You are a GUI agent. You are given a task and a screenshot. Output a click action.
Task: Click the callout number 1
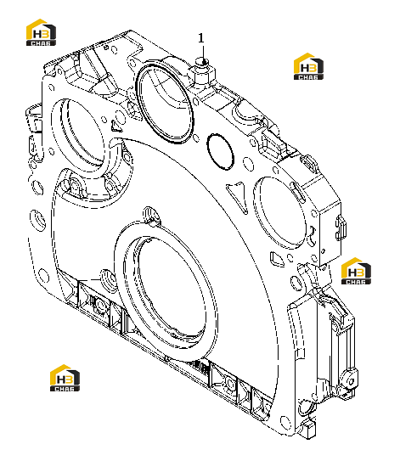point(201,38)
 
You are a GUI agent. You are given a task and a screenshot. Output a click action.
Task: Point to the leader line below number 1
point(203,53)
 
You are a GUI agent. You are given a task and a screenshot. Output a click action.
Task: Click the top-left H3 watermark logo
point(41,32)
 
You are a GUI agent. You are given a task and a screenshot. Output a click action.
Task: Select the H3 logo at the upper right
point(308,66)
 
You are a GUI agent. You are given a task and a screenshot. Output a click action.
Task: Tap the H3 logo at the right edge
point(356,271)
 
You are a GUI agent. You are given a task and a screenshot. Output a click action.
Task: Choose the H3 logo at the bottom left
point(65,378)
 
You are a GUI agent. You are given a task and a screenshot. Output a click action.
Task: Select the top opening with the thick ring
point(165,103)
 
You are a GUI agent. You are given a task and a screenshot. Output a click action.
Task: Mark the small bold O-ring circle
point(220,152)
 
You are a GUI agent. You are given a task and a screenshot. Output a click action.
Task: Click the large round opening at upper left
point(79,134)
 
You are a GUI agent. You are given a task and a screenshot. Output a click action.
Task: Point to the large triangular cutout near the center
point(238,196)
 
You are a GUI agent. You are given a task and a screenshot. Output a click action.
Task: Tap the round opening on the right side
point(279,212)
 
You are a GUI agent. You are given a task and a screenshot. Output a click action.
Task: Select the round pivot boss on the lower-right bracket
point(350,381)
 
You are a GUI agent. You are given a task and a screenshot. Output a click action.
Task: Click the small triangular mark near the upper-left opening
point(115,126)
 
